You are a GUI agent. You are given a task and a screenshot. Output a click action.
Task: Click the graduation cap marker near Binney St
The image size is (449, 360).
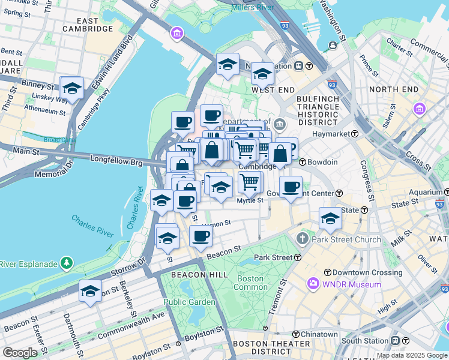pos(71,88)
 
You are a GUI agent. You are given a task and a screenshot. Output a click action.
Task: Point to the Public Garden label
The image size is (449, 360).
pos(189,302)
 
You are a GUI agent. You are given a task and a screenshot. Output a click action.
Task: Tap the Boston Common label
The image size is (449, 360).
pos(250,283)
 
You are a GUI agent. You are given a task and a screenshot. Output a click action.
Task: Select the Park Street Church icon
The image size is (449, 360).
pos(303,239)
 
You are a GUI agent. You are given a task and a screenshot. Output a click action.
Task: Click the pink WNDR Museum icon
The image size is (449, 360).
pos(312,284)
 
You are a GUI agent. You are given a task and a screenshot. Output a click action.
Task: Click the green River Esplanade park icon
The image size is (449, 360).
pos(66,263)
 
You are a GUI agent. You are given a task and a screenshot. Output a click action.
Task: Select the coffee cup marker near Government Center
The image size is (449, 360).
pos(291,188)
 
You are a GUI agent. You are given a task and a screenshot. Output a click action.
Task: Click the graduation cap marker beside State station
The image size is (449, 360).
pos(330,219)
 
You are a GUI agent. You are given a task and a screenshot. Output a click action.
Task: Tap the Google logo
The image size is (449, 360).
pos(20,353)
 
